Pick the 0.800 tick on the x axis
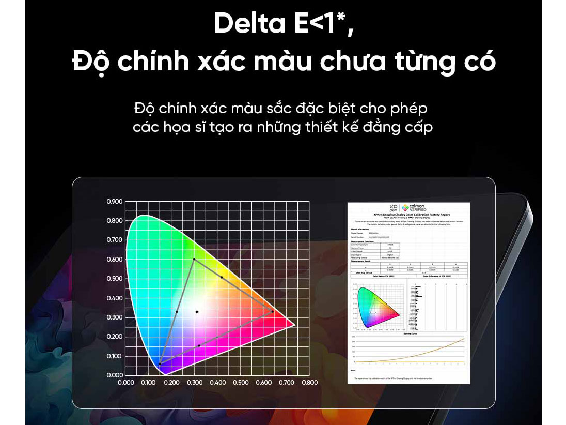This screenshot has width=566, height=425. pos(309,383)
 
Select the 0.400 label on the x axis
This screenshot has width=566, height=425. pos(217,383)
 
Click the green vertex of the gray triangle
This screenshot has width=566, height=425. pos(194,259)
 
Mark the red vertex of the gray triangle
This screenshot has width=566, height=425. pos(272,311)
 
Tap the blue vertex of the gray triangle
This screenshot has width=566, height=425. pos(160,363)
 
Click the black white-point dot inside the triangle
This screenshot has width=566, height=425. pos(197,312)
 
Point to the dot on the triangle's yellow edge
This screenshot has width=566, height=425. pos(222,278)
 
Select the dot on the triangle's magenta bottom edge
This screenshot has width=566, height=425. pos(199,345)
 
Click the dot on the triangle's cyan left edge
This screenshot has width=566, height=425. pos(177,312)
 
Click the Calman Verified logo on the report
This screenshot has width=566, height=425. pos(414,207)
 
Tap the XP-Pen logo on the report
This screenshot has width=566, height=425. pos(394,207)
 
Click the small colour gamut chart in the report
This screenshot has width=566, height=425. pos(377,307)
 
